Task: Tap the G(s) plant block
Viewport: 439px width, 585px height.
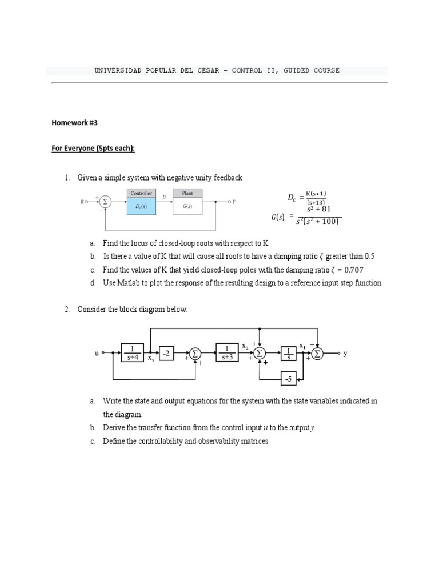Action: point(187,206)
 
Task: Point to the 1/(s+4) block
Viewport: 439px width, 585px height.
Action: point(133,354)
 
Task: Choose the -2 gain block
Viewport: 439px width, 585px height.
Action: point(166,354)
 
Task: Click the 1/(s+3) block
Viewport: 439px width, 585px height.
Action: point(228,354)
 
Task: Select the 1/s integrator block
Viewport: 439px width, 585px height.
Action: point(289,354)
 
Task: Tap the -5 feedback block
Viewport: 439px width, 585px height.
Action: point(288,379)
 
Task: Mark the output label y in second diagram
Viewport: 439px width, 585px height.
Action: point(345,354)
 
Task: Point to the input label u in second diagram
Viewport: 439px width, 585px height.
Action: point(97,354)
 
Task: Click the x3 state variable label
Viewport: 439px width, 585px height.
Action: point(151,359)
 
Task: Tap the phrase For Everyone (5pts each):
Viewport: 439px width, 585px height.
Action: point(93,149)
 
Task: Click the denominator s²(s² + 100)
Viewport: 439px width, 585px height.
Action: point(318,222)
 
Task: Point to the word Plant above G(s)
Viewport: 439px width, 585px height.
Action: point(187,193)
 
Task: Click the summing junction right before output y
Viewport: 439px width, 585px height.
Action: point(317,354)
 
